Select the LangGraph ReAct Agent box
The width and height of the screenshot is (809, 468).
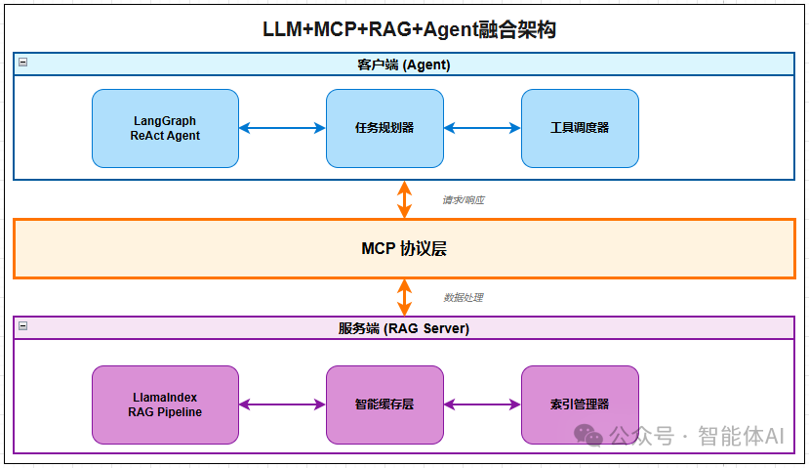[165, 128]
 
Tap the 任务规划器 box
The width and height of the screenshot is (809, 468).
[384, 128]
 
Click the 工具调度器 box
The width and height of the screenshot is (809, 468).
[580, 128]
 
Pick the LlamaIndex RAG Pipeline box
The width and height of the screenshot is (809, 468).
[165, 404]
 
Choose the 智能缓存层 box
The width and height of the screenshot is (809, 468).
[384, 404]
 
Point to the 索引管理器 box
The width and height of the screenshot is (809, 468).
[580, 404]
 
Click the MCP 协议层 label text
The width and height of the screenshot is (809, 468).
[404, 248]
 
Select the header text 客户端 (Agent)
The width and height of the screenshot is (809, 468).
[404, 64]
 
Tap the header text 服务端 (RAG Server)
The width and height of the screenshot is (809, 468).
[404, 328]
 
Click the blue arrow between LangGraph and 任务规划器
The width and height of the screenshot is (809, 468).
[282, 128]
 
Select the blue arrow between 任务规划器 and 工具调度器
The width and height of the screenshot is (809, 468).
[482, 128]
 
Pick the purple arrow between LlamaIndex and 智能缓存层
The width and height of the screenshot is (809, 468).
[282, 404]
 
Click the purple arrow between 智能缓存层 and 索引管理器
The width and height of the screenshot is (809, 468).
[482, 404]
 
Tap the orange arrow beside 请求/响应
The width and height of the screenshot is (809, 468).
[404, 199]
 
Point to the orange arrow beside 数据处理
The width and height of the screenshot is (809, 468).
[404, 297]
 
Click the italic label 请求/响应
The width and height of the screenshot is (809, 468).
[464, 200]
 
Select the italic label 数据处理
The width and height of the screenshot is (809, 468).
[464, 298]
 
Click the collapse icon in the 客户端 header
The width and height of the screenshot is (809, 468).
[22, 63]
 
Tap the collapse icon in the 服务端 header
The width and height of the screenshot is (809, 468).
[22, 326]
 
